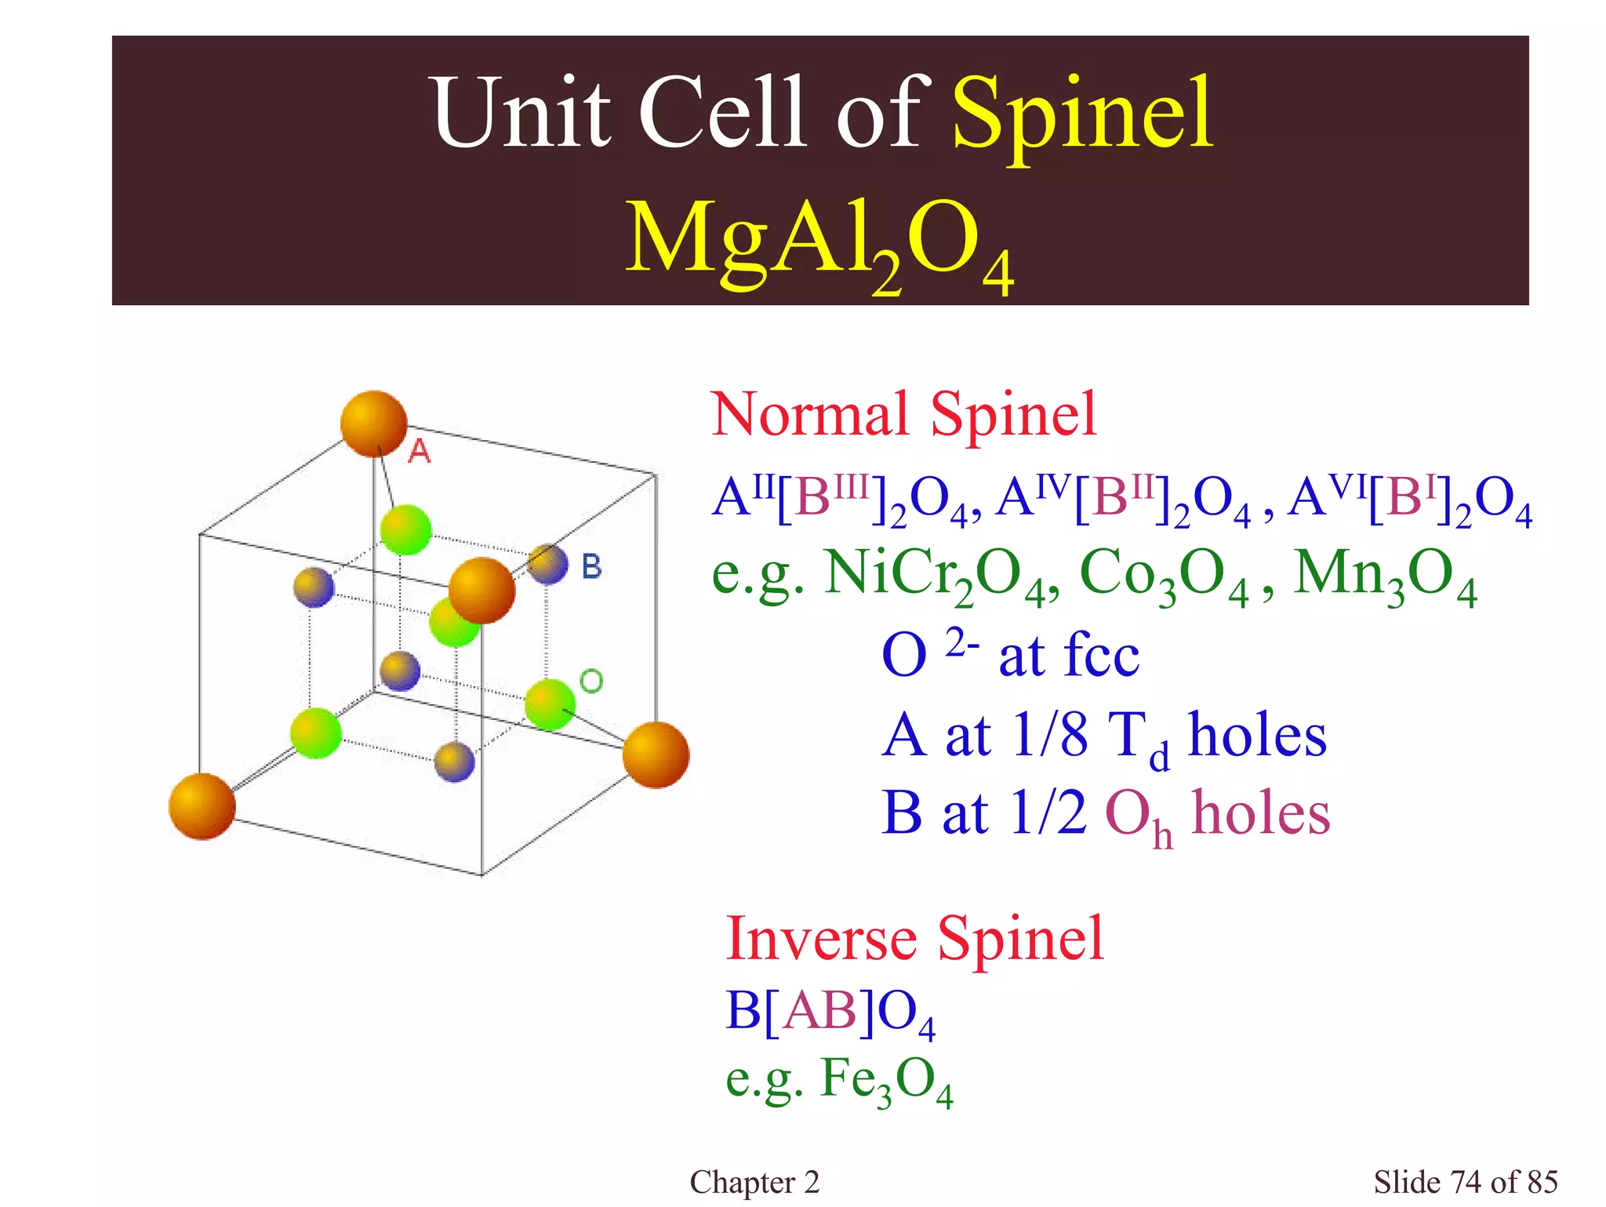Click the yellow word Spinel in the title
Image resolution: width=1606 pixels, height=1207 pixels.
(1083, 115)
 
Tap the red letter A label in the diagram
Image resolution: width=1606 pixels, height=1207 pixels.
(420, 451)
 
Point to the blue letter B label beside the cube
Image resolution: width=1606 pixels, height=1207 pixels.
(592, 566)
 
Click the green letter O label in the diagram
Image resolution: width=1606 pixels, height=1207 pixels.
(591, 681)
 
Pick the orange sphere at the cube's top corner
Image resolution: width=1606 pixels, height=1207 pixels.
(374, 424)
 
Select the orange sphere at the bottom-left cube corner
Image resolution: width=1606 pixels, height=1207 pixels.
(202, 806)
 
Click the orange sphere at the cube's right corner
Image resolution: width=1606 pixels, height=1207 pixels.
(656, 754)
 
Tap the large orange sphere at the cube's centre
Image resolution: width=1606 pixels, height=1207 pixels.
(481, 591)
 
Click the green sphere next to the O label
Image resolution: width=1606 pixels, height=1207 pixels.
(549, 704)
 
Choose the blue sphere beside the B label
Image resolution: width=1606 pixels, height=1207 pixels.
(547, 564)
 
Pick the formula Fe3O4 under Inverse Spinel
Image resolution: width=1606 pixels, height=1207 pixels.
(886, 1080)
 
